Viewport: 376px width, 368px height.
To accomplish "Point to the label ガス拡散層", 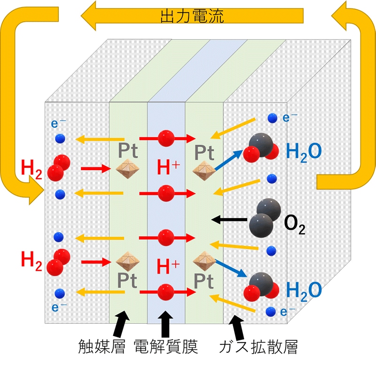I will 258,347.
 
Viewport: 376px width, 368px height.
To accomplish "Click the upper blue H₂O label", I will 304,151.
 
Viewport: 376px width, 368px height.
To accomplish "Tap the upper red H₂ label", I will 31,168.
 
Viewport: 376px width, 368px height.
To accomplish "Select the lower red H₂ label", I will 31,259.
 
